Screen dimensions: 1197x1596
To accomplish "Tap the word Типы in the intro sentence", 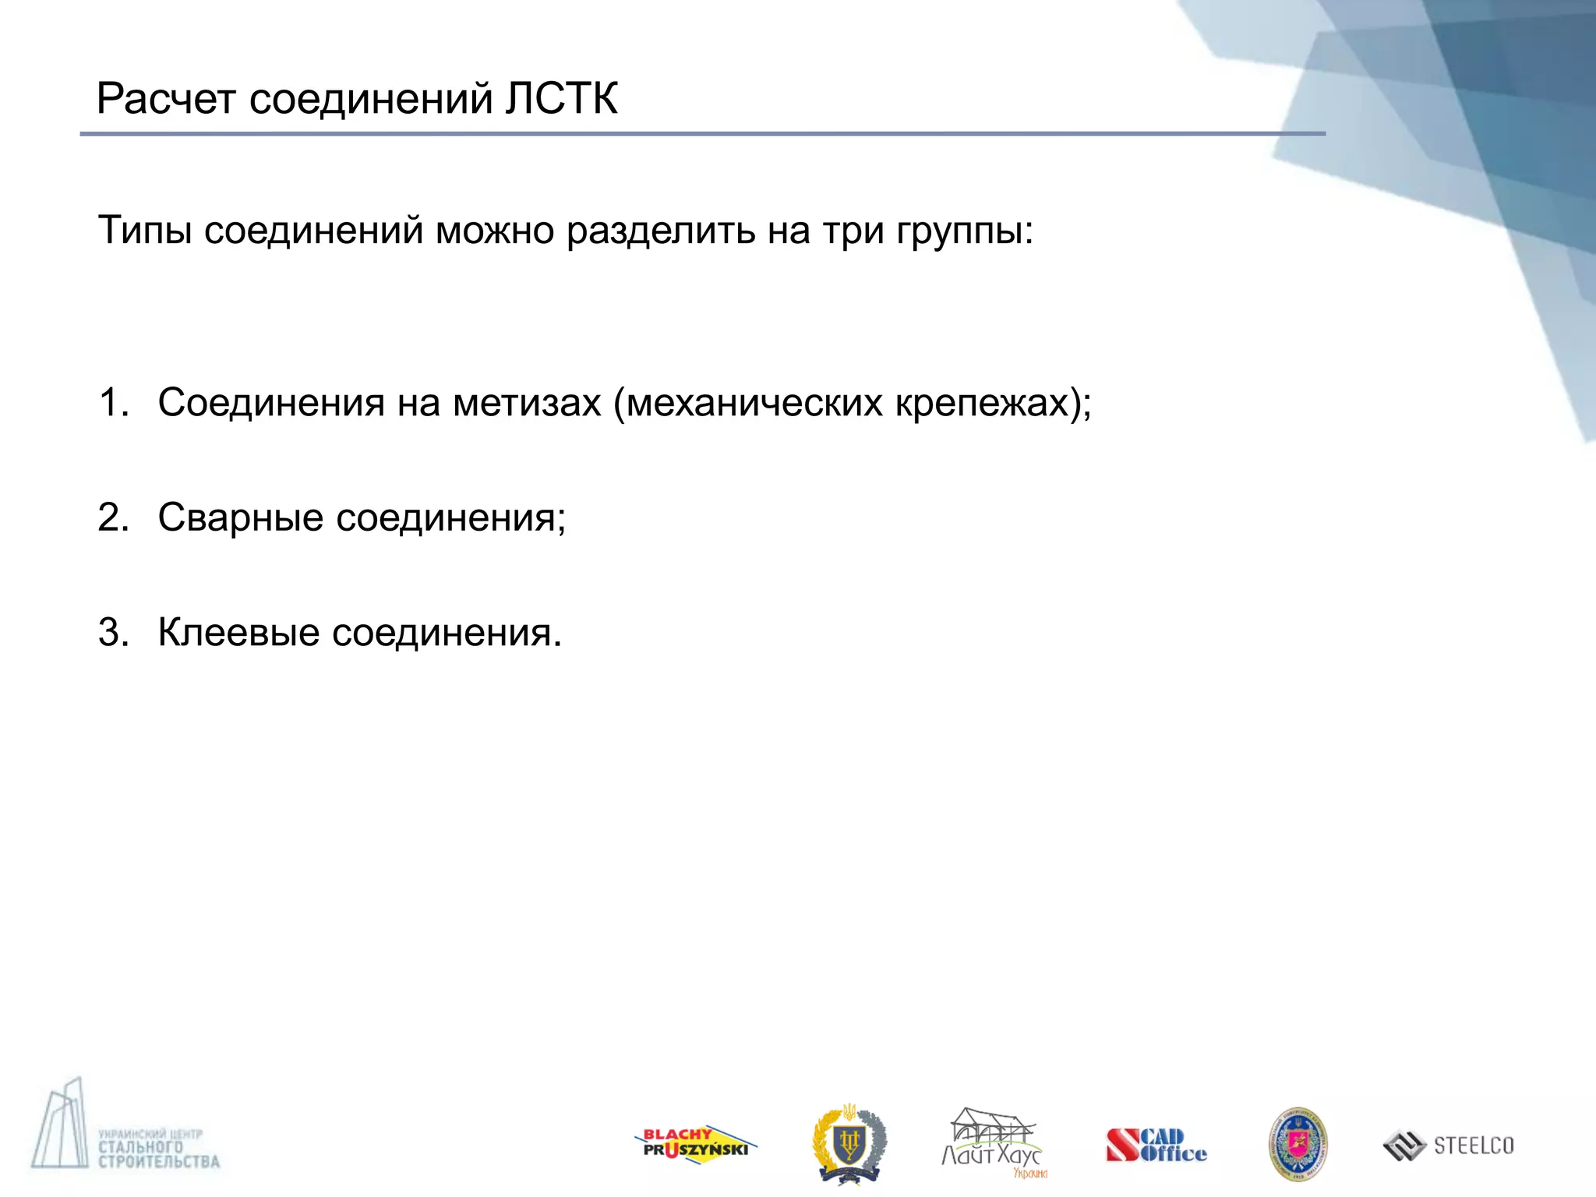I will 145,231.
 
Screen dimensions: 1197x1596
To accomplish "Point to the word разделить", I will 661,231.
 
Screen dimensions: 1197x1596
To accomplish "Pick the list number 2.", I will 113,517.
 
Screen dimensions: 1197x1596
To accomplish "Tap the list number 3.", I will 113,632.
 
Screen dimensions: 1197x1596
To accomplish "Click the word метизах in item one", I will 527,403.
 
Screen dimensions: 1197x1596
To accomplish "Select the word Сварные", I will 240,517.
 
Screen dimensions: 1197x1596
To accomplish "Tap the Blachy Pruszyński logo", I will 695,1145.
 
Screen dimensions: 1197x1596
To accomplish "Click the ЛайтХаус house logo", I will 993,1142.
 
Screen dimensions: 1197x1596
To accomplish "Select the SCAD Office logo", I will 1156,1146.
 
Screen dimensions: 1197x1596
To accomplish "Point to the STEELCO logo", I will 1449,1146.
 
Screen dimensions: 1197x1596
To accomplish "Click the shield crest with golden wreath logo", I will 849,1143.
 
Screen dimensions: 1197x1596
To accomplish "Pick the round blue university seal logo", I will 1298,1144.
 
